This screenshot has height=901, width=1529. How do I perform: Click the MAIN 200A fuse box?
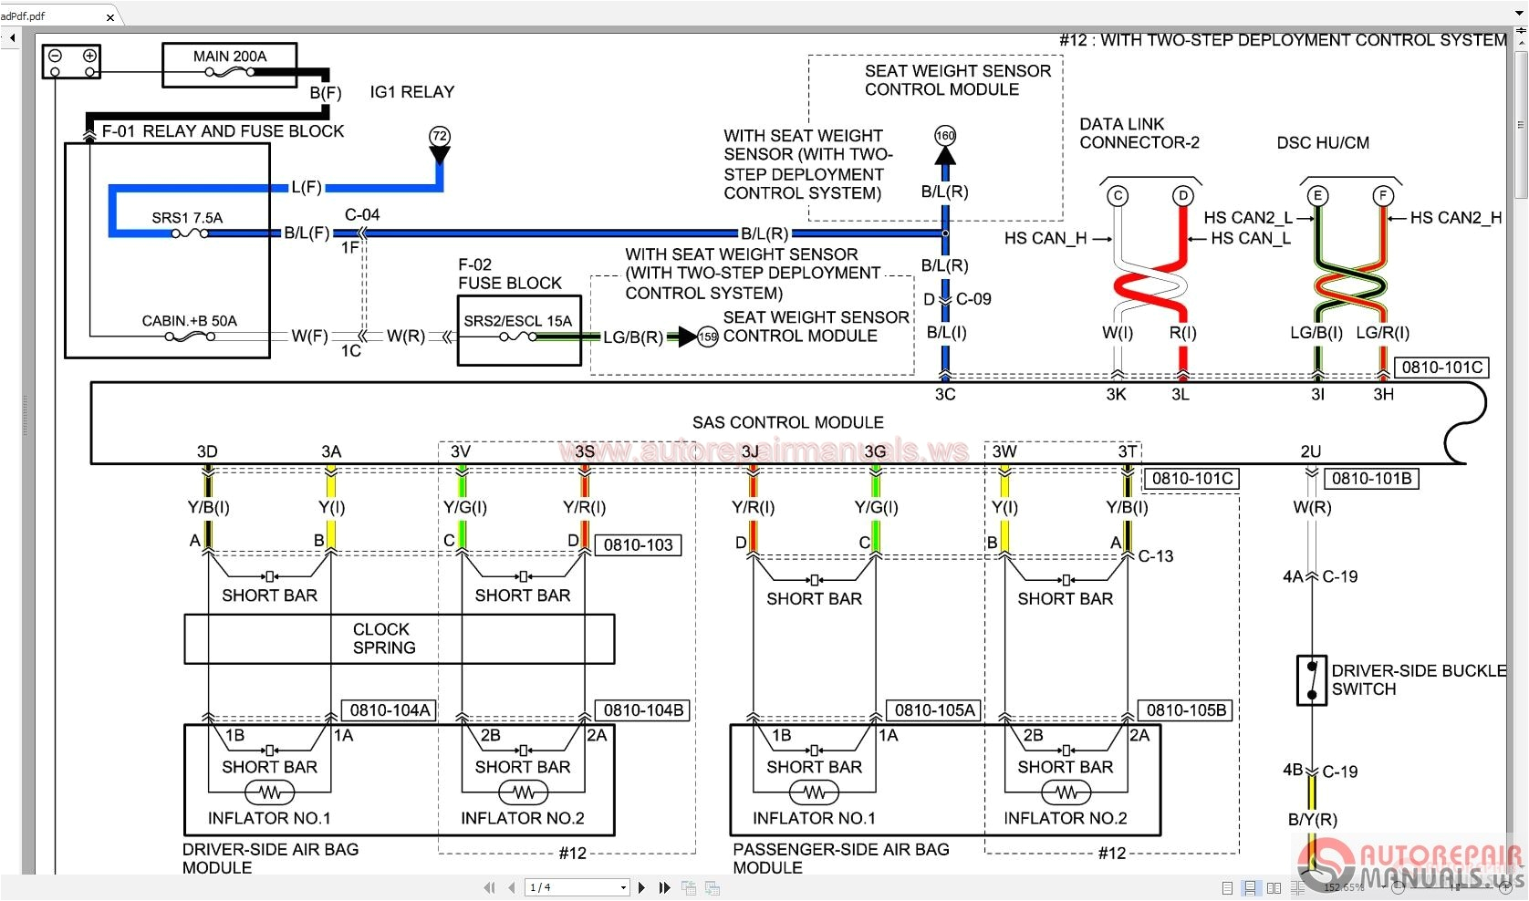[229, 65]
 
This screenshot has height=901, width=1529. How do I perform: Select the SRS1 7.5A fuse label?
[187, 218]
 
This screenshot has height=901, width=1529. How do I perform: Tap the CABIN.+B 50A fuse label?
[189, 321]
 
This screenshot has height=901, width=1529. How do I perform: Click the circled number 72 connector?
[440, 137]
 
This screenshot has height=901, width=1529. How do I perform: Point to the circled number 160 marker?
[945, 136]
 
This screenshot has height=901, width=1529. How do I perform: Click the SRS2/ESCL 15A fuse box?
[518, 330]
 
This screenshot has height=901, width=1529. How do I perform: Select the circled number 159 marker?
[708, 337]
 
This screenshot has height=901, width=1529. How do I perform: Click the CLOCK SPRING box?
[399, 638]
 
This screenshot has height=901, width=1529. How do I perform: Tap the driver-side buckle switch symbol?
[1311, 680]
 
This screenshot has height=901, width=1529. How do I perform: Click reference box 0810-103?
[638, 545]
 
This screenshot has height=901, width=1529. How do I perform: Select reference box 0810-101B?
[1371, 479]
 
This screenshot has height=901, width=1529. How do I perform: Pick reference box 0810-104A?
[390, 710]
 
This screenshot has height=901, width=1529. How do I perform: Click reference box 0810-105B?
[1186, 710]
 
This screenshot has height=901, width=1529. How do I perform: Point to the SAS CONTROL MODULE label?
[787, 422]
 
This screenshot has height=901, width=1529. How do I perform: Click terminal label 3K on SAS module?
[1116, 395]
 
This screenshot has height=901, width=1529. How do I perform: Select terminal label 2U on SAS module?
[1310, 452]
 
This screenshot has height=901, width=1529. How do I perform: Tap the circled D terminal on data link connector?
[1182, 196]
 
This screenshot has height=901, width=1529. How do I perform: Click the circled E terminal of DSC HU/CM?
[1316, 196]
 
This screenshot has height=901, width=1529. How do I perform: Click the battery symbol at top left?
[71, 62]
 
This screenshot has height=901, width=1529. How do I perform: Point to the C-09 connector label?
[973, 299]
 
